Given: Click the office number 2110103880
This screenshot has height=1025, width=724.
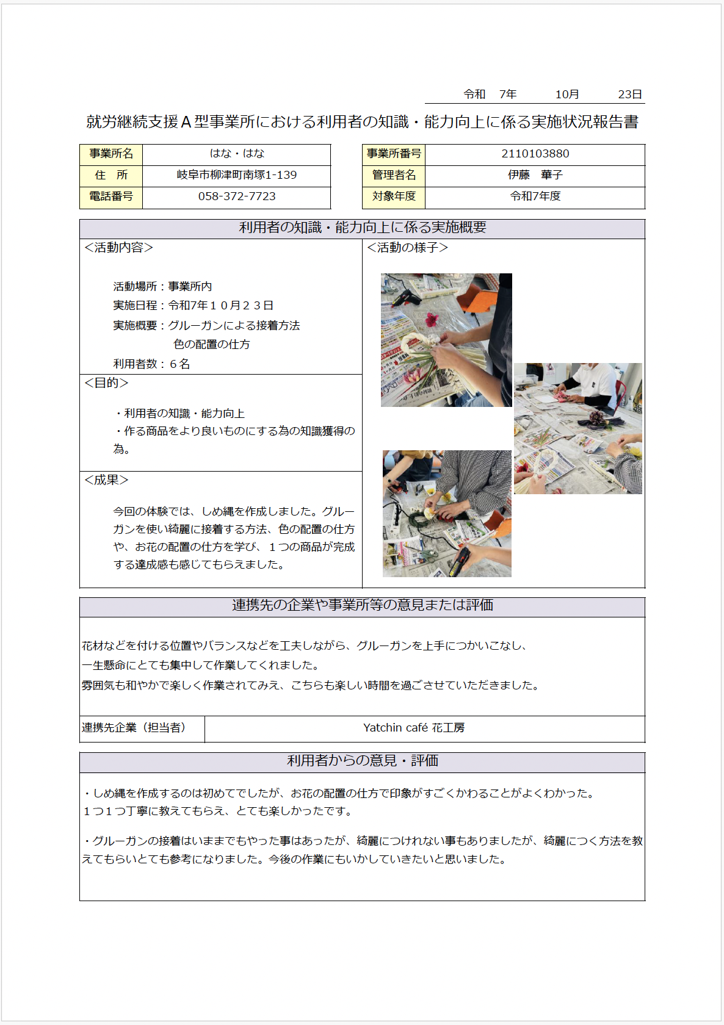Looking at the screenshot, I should (535, 154).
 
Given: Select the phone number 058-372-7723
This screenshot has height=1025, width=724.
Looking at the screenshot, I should (237, 196).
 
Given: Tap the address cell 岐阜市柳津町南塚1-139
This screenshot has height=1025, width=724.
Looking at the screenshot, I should (237, 175).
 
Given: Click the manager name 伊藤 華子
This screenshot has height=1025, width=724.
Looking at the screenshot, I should (535, 175).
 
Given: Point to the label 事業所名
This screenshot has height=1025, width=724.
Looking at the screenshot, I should (111, 154).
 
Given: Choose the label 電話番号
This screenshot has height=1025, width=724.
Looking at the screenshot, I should (111, 196).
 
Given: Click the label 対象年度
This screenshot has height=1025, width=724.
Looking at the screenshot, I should (394, 196).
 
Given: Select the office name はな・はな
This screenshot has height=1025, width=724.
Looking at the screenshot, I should (237, 154).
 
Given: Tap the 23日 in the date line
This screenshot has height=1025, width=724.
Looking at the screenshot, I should (629, 95).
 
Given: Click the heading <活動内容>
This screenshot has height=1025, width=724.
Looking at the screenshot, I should (119, 248).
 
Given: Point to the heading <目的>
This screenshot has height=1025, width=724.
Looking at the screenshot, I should (107, 383).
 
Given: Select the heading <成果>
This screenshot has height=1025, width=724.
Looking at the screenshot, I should (107, 480).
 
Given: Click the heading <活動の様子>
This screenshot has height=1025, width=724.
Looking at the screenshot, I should (408, 248).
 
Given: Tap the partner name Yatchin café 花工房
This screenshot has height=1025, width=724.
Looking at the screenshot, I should (414, 728).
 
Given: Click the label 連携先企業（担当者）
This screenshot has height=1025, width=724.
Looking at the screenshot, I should (134, 728).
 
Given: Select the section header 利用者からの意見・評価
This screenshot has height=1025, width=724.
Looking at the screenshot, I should (363, 761).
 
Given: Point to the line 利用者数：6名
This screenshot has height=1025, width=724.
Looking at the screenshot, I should (151, 364).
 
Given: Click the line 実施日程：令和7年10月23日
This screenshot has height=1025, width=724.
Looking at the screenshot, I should (193, 306).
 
